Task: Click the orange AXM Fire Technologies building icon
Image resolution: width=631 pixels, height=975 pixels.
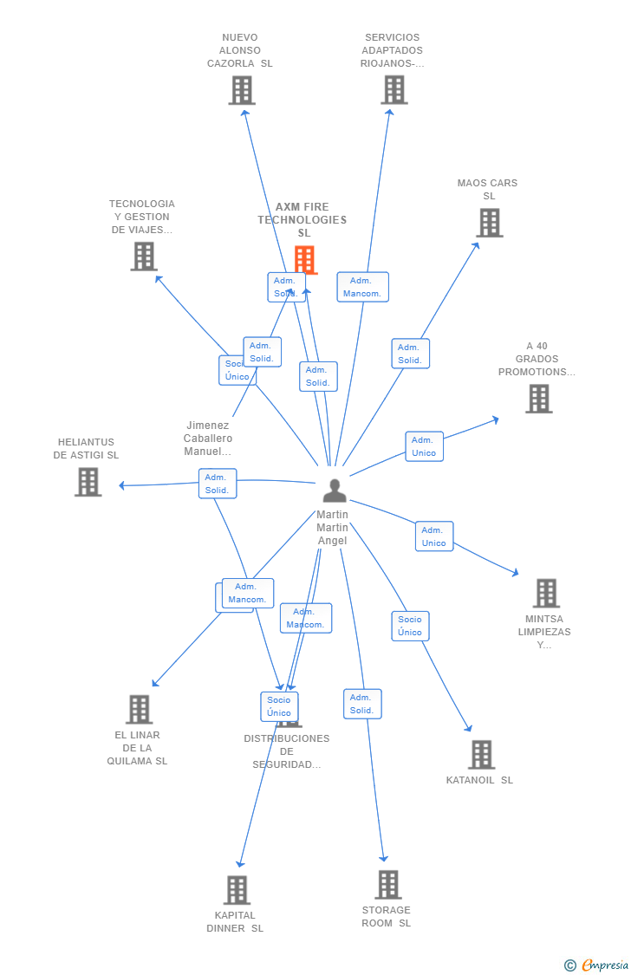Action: pos(304,259)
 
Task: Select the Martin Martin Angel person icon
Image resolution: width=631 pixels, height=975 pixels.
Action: pos(334,490)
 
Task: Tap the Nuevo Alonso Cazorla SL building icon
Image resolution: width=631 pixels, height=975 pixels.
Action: pos(242,90)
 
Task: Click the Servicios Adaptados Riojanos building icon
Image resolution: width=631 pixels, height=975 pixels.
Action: pos(394,89)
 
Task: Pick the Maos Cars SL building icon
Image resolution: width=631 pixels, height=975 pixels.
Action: pos(489,223)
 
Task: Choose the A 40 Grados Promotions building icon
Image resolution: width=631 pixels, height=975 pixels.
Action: pos(538,399)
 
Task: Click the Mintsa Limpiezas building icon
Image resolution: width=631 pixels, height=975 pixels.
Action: pos(545,593)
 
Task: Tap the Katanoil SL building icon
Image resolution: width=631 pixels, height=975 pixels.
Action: pos(481,754)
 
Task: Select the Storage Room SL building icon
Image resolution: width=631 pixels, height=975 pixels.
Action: pos(387,884)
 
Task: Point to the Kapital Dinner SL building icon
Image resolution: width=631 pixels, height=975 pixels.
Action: pos(236,889)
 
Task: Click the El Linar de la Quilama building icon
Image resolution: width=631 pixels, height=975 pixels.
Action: pos(139,709)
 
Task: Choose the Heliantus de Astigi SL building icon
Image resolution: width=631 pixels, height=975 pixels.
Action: pos(88,482)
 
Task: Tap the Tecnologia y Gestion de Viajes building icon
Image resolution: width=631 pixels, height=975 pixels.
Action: pos(144,256)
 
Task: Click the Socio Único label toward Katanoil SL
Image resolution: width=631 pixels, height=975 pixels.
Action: pos(410,626)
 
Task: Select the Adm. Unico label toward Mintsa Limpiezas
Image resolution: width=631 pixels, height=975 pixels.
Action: pos(433,536)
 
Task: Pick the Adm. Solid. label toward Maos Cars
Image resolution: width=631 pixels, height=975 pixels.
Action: pos(410,354)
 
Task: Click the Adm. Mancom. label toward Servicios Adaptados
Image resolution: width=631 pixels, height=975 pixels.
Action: pos(362,287)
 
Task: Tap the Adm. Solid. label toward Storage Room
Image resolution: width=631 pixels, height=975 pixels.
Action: pos(362,704)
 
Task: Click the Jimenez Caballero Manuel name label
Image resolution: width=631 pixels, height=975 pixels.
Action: pos(208,439)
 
